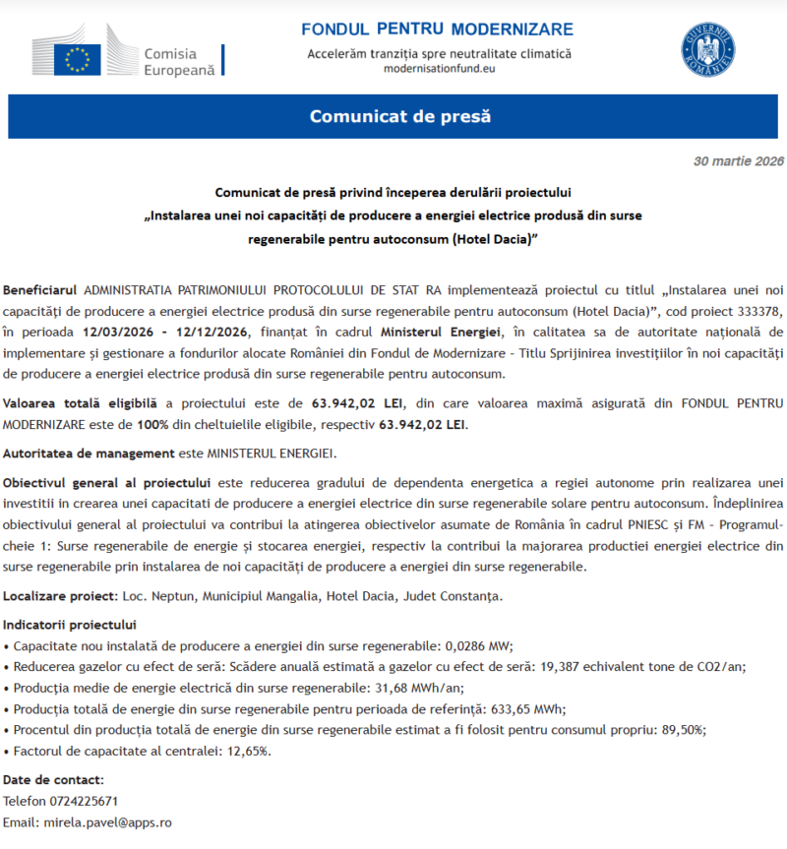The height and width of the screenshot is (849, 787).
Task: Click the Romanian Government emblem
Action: [x=707, y=51]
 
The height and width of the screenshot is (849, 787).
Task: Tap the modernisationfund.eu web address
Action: [x=439, y=70]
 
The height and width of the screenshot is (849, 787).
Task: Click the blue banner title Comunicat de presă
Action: [x=399, y=117]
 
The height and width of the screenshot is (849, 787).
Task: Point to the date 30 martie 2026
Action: [x=738, y=160]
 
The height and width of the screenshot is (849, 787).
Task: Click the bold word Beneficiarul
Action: [x=40, y=291]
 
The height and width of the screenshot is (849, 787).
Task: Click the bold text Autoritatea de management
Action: [x=88, y=454]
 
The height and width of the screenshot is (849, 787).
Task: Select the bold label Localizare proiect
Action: [x=60, y=596]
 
